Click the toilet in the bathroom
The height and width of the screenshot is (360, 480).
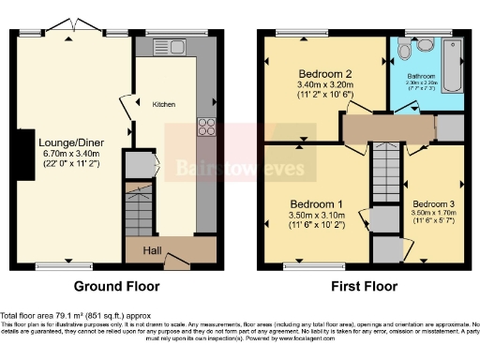pos(406,46)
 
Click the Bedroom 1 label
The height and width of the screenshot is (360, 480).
pos(314,203)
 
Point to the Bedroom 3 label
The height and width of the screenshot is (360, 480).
pos(434,203)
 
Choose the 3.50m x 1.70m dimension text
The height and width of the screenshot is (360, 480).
pos(434,213)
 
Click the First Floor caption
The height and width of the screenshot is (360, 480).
pos(360,286)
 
